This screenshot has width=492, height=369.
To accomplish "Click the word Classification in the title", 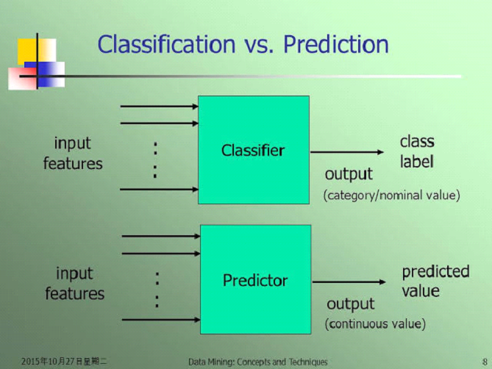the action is click(x=167, y=44).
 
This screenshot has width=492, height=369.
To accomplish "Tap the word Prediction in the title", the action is click(x=336, y=44).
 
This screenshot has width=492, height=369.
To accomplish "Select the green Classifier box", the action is click(x=254, y=150).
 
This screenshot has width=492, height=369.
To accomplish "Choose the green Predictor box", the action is click(x=256, y=279).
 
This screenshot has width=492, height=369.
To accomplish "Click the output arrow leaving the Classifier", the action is click(x=346, y=152).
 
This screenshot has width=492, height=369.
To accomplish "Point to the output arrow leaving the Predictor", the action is click(x=349, y=282).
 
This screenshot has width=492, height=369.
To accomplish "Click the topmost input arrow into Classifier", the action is click(x=159, y=107).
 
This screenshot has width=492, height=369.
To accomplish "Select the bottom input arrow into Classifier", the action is click(x=159, y=190).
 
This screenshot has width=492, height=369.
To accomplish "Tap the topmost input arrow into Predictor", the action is click(x=161, y=236).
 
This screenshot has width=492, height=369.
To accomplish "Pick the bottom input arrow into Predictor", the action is click(x=161, y=320).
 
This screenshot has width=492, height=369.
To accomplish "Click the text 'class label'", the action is click(x=417, y=151).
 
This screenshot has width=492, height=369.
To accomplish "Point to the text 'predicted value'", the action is click(x=435, y=282).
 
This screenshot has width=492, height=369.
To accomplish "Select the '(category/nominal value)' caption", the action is click(x=391, y=196).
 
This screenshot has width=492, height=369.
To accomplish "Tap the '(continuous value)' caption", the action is click(x=375, y=324).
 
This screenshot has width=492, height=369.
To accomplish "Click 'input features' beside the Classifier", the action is click(x=73, y=154).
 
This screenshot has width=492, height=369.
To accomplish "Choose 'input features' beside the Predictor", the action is click(x=75, y=284).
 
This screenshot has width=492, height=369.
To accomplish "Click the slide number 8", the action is click(x=485, y=362).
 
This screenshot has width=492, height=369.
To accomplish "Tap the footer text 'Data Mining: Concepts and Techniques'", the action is click(x=257, y=362).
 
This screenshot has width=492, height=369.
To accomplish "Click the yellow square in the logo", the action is click(x=28, y=51).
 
